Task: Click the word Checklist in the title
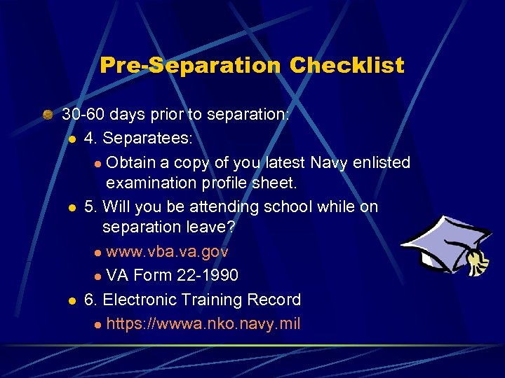pos(347,66)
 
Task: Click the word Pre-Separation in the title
pos(190,66)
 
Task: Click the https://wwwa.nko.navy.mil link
pos(203,324)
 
